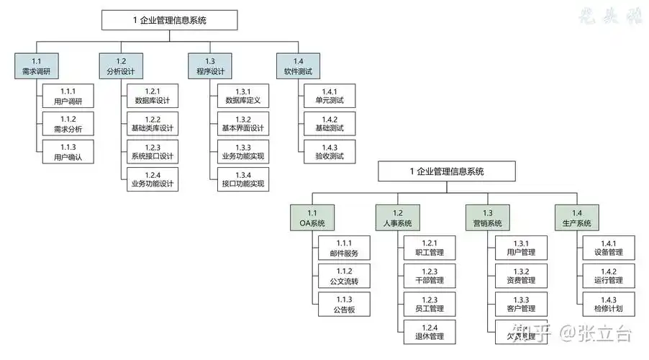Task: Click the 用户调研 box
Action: point(68,96)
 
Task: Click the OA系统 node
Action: point(312,217)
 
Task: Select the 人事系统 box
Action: point(397,217)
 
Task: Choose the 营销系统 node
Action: point(488,217)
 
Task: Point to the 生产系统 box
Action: point(576,217)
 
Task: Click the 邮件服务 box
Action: point(344,248)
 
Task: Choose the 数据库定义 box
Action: point(242,96)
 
